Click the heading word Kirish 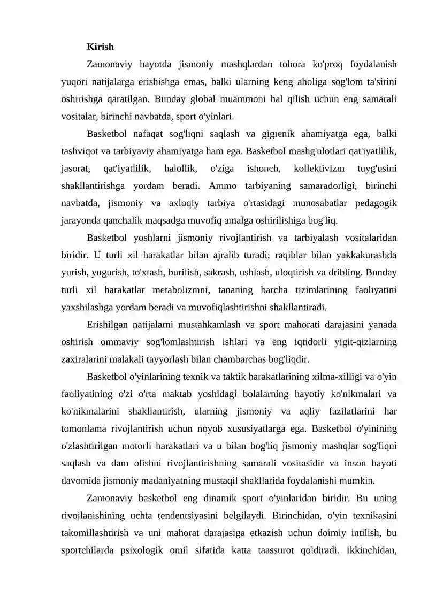coord(100,47)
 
